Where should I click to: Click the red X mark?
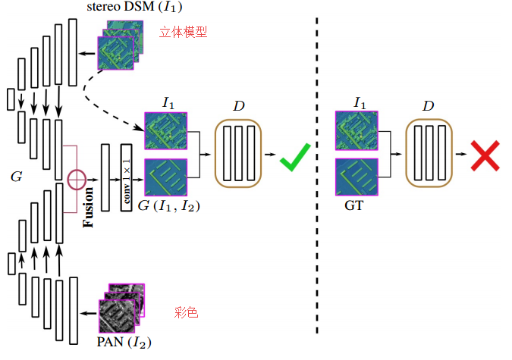[x=482, y=155]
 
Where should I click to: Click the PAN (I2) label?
[x=124, y=343]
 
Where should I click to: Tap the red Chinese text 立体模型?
[x=183, y=32]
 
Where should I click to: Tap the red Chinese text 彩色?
[x=186, y=312]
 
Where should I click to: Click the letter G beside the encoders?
[x=15, y=177]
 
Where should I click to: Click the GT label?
[x=353, y=204]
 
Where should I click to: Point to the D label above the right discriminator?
[x=428, y=106]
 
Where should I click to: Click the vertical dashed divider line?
[x=317, y=174]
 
